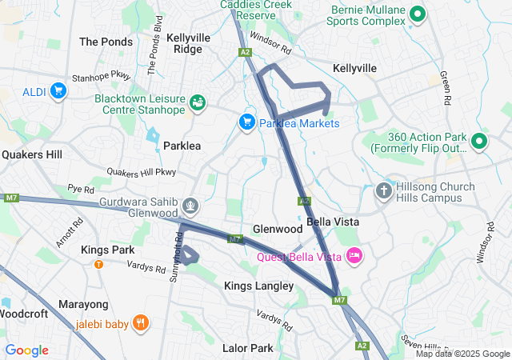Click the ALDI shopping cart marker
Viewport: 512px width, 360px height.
tap(58, 91)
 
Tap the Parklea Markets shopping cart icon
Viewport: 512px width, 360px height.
tap(247, 122)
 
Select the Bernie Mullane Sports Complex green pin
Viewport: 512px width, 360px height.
tap(417, 14)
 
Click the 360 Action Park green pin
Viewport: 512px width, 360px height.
tap(479, 142)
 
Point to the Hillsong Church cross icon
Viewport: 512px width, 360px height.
tap(384, 191)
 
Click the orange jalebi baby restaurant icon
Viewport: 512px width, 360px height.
tap(141, 324)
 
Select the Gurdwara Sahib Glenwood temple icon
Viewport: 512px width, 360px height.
tap(190, 205)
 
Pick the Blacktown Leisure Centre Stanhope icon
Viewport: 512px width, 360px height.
tap(197, 102)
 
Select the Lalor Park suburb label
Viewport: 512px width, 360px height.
tap(247, 348)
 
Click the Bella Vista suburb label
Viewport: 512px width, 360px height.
tap(332, 222)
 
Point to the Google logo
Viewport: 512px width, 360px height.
tap(26, 350)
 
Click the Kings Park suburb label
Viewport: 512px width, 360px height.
tap(107, 250)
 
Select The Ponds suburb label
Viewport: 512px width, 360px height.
tap(106, 42)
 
